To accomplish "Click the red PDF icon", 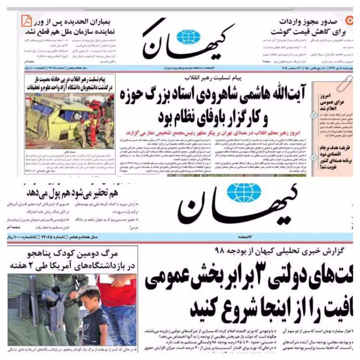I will (x=27, y=21).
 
